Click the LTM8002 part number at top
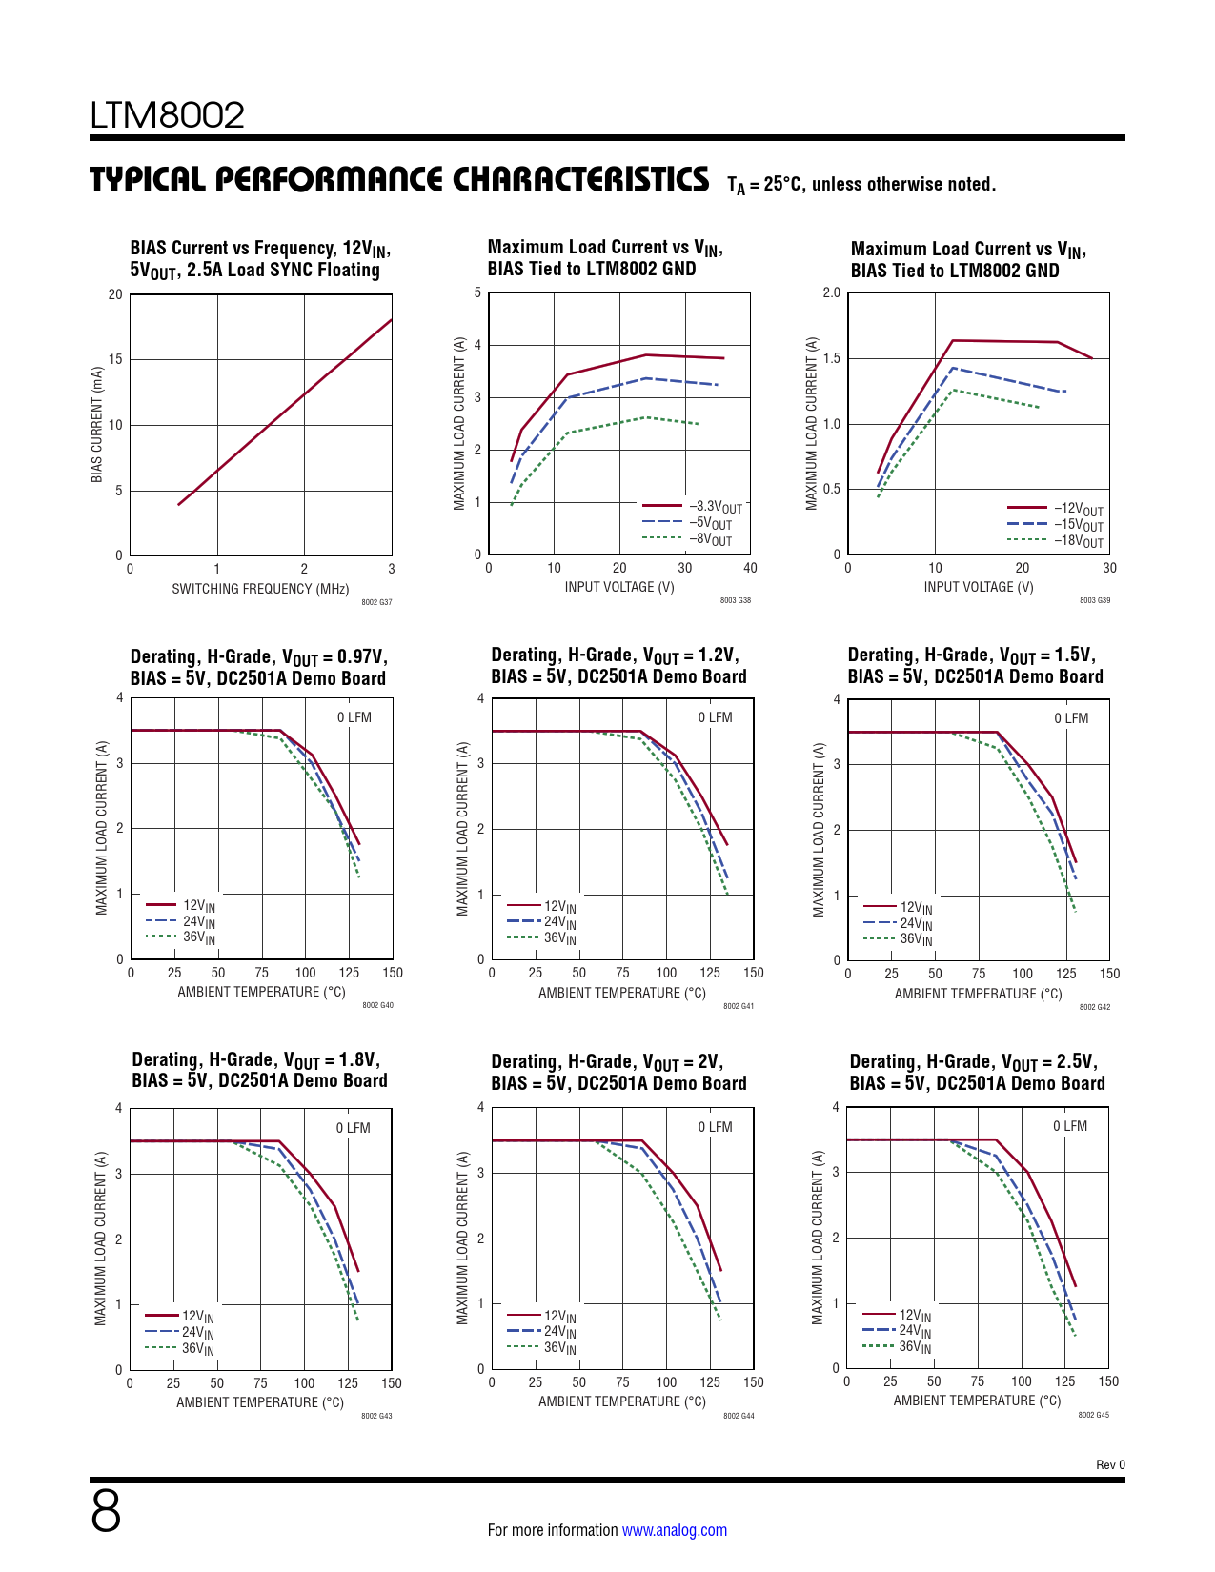[168, 116]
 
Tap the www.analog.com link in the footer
[674, 1530]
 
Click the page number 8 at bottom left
[106, 1511]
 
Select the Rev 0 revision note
[1110, 1464]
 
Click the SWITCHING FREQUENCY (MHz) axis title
[260, 589]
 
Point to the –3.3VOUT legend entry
[715, 507]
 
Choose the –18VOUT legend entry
[1078, 541]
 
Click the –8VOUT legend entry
[710, 539]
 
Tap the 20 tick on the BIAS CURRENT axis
[115, 294]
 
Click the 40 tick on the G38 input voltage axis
[750, 568]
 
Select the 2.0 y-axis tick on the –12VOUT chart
[832, 292]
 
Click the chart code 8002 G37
[376, 602]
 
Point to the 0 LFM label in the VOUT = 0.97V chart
[354, 717]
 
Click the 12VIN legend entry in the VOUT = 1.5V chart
[916, 908]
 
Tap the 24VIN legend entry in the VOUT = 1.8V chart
[197, 1333]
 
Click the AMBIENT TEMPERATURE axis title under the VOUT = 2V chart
[622, 1401]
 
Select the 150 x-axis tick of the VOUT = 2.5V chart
[1108, 1381]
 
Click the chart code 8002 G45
[1093, 1415]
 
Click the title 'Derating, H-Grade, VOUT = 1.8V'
[255, 1060]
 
